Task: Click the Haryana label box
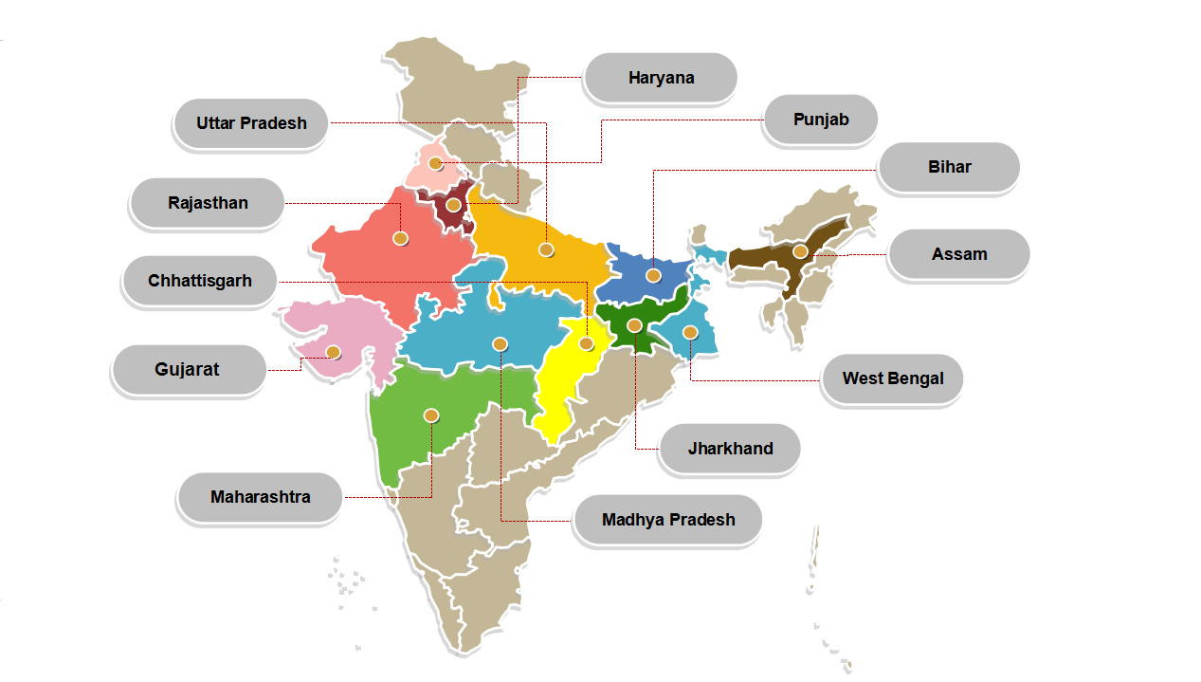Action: pos(661,78)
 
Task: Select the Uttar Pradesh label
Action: pos(251,123)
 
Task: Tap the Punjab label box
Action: pos(820,120)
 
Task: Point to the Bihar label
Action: pos(949,167)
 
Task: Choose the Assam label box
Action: pos(958,254)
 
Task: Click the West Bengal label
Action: pos(893,378)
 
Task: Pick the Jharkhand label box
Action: pos(730,449)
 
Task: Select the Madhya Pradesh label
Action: pos(668,520)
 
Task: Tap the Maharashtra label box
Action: pos(260,497)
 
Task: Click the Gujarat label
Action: pos(188,370)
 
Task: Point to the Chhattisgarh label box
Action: pos(200,281)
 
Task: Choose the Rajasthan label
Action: pos(208,203)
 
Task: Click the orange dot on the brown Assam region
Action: pos(800,251)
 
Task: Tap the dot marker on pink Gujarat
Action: pos(333,352)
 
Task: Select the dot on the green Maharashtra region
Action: pos(431,415)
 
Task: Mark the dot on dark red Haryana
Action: pos(454,205)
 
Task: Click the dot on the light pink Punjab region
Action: pos(435,163)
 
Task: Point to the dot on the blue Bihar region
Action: pos(653,275)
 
